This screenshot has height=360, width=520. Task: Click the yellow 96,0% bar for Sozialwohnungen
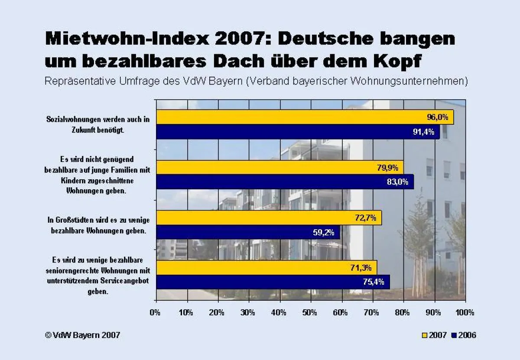pyautogui.click(x=303, y=117)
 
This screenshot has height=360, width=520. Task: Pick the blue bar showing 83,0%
pyautogui.click(x=284, y=182)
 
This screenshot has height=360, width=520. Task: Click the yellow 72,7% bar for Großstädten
pyautogui.click(x=269, y=218)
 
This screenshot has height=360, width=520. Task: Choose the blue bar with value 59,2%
pyautogui.click(x=247, y=232)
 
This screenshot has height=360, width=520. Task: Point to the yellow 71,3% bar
pyautogui.click(x=266, y=268)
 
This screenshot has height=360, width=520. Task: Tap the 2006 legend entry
pyautogui.click(x=463, y=335)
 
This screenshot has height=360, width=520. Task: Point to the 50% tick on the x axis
pyautogui.click(x=310, y=312)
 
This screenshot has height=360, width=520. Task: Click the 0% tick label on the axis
pyautogui.click(x=155, y=312)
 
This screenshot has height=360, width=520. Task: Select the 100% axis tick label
pyautogui.click(x=465, y=312)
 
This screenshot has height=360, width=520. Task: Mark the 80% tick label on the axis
pyautogui.click(x=403, y=312)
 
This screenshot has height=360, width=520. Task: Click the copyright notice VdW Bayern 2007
pyautogui.click(x=82, y=335)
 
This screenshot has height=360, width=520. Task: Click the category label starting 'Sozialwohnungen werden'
pyautogui.click(x=97, y=124)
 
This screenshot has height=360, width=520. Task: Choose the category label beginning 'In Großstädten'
pyautogui.click(x=97, y=225)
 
